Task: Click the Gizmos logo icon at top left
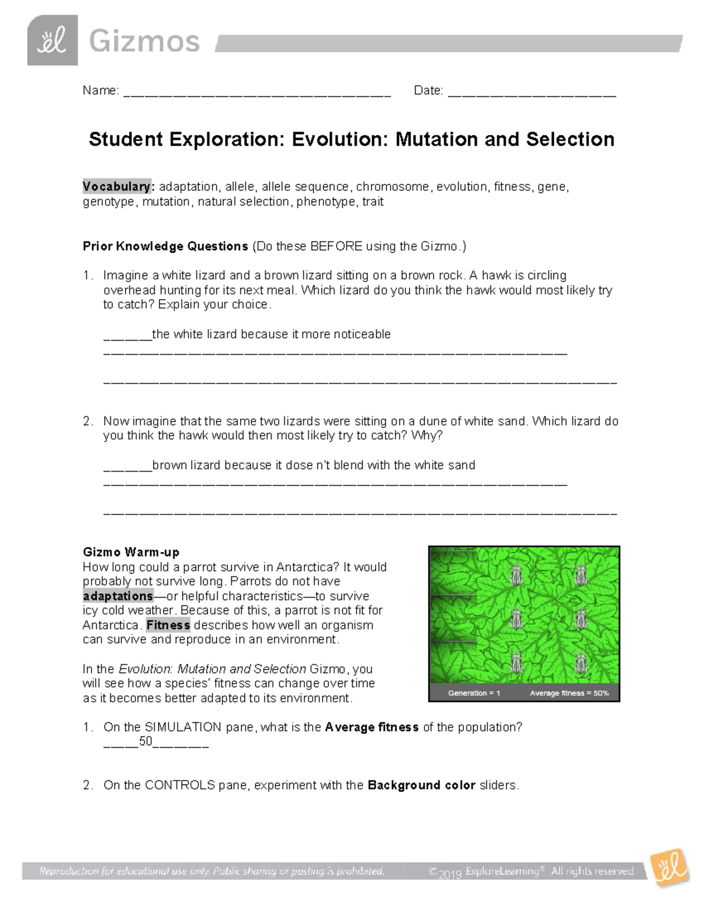[x=52, y=41]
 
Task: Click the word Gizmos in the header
[x=144, y=42]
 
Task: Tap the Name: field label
[x=100, y=90]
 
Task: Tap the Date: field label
[x=428, y=90]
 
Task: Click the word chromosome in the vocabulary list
[x=392, y=187]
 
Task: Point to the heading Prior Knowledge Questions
[x=165, y=246]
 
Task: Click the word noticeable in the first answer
[x=362, y=334]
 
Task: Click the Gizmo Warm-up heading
[x=131, y=552]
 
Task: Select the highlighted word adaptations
[x=118, y=596]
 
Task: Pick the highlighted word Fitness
[x=168, y=625]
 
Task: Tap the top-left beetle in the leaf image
[x=516, y=575]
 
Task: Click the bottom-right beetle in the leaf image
[x=580, y=664]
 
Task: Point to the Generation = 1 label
[x=473, y=693]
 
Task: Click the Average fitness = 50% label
[x=569, y=693]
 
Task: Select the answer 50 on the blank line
[x=145, y=742]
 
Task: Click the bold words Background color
[x=421, y=785]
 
